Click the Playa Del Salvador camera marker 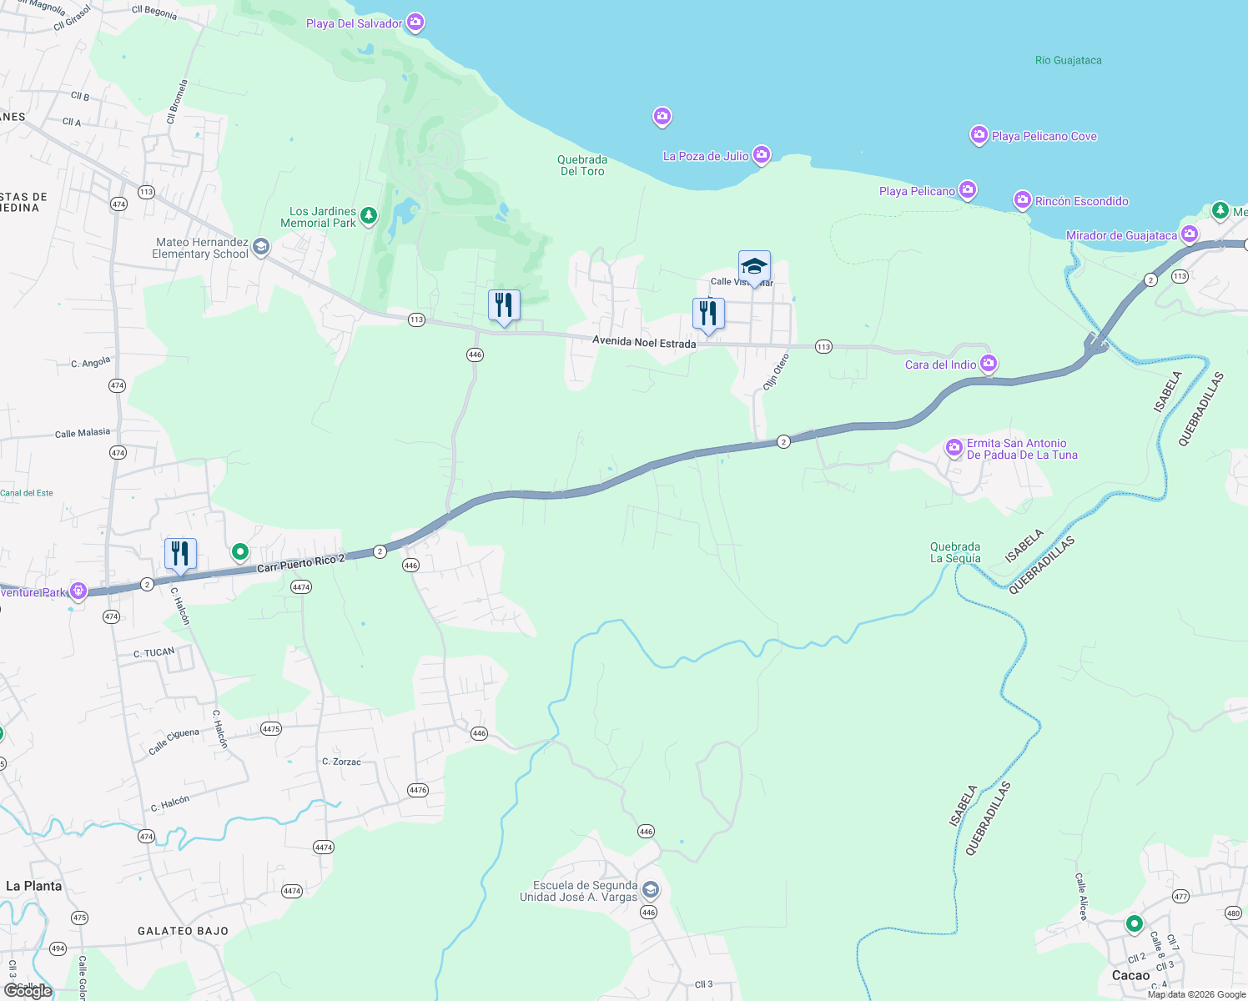(415, 23)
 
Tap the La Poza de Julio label (706, 156)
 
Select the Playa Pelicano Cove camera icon (979, 135)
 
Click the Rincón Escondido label (1081, 201)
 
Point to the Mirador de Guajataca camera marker (1190, 234)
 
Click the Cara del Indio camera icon (989, 364)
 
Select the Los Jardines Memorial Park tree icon (368, 216)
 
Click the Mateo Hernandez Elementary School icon (261, 246)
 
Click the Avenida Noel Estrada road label (644, 342)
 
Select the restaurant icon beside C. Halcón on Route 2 (180, 554)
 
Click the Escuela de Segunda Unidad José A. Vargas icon (651, 890)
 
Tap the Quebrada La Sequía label (955, 552)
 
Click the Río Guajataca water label (1068, 60)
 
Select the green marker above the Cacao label (1134, 923)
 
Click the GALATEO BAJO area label (183, 931)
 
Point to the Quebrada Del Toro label (582, 165)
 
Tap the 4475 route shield (271, 728)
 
